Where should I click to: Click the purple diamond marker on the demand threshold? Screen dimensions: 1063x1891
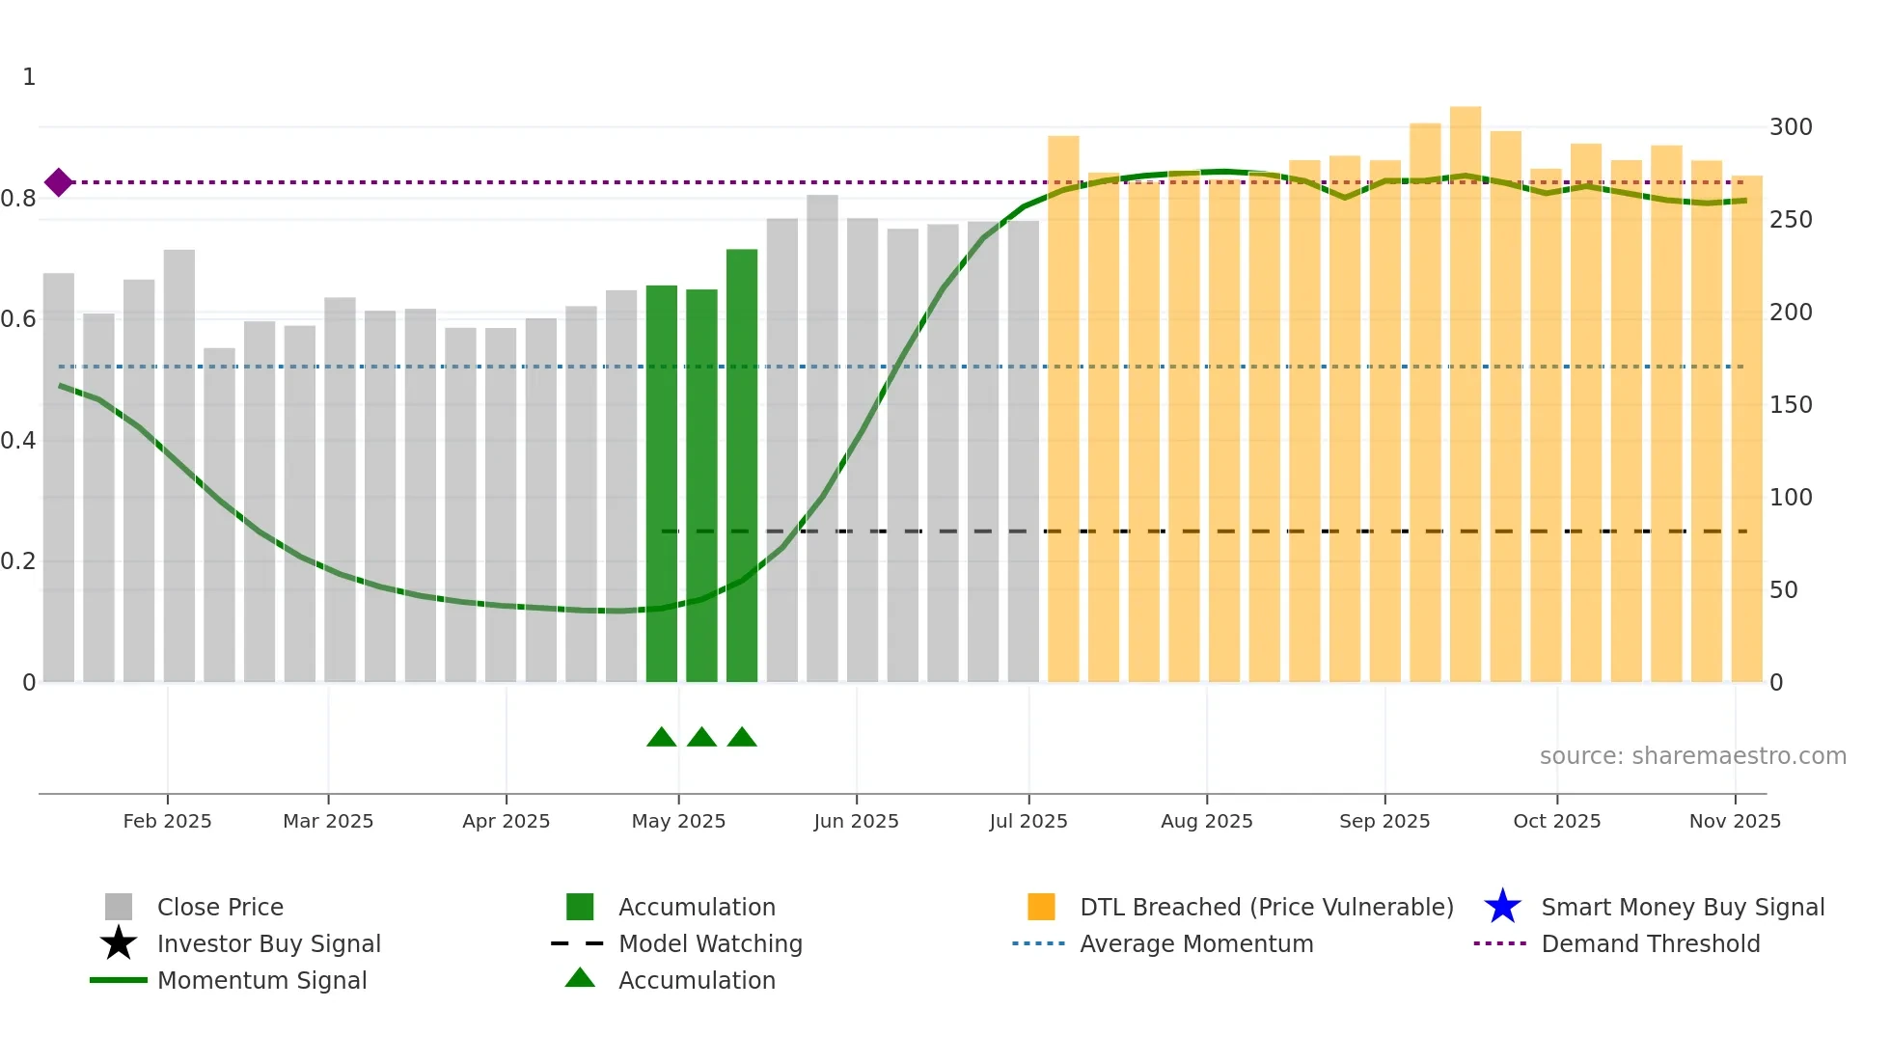(59, 182)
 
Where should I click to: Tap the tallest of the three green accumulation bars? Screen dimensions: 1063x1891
(741, 463)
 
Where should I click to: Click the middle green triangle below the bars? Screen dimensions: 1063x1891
(701, 738)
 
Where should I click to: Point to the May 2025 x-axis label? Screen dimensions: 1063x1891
(678, 821)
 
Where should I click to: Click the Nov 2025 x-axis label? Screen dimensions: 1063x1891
(1734, 821)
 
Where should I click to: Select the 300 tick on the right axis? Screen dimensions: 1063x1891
(1790, 127)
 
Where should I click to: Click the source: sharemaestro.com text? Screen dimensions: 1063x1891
(1692, 756)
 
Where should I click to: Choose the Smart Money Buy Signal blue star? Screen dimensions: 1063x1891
(1502, 907)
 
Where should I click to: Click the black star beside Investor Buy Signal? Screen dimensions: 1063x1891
(118, 943)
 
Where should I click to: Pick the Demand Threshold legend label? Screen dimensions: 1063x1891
(1650, 943)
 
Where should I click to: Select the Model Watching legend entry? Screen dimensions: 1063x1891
(709, 943)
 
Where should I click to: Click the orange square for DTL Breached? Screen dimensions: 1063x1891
(1041, 907)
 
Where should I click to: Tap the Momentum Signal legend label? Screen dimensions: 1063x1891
(261, 980)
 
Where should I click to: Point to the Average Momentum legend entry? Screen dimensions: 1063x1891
(1195, 943)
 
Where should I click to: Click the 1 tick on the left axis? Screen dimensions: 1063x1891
(29, 77)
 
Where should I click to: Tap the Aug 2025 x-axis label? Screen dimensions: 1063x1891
(1206, 821)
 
